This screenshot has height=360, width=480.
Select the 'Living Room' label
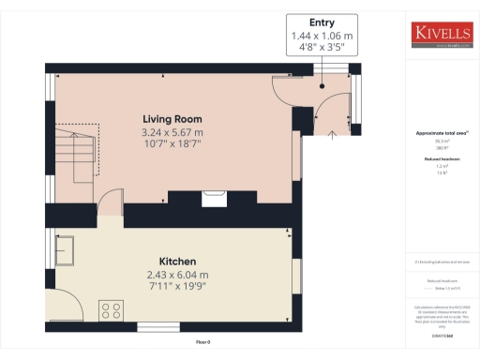click(x=172, y=119)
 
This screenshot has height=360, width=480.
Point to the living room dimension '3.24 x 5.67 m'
click(x=172, y=133)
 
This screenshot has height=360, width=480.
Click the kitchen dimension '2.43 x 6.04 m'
click(x=176, y=274)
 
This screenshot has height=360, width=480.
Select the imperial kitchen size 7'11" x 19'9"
click(x=176, y=287)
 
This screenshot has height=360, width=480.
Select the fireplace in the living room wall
click(x=215, y=198)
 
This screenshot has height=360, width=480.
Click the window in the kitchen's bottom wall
click(x=153, y=326)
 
